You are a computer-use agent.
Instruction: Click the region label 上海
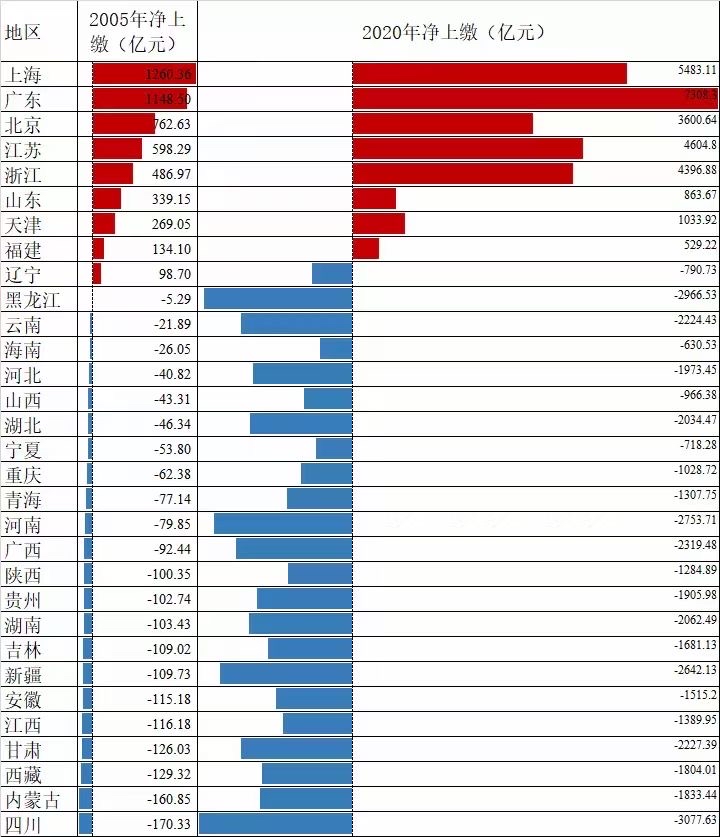(x=23, y=75)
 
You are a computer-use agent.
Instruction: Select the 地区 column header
(x=23, y=31)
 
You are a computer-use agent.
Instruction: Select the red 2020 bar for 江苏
(x=467, y=148)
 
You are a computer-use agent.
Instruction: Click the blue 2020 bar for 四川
(x=275, y=823)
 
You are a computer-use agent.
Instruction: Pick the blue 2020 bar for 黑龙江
(x=278, y=298)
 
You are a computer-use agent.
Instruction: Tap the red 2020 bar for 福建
(x=365, y=248)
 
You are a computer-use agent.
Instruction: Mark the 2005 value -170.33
(x=171, y=824)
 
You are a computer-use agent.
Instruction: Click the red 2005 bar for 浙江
(x=112, y=173)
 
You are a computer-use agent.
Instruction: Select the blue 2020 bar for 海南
(x=336, y=348)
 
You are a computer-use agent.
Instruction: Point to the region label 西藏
(x=23, y=774)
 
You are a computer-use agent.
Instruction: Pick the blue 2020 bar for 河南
(x=283, y=523)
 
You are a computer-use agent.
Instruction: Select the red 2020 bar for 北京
(x=442, y=123)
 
